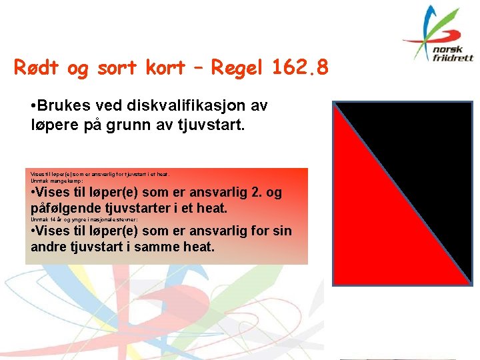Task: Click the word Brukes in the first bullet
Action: [63, 105]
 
